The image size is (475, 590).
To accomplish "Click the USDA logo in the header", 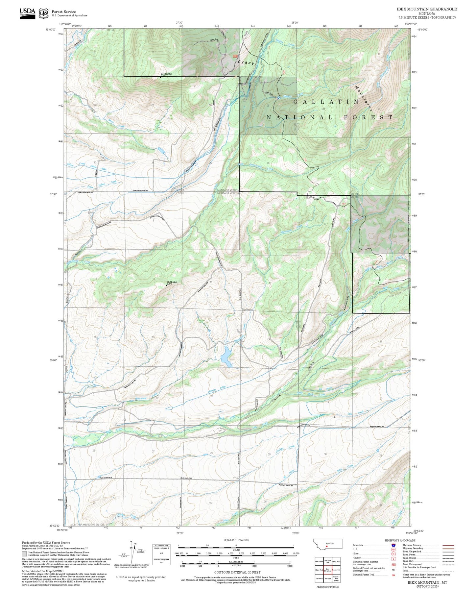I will click(x=27, y=12).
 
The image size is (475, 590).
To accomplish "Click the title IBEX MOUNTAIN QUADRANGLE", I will click(x=427, y=9).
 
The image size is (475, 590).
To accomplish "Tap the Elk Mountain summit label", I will click(x=172, y=282).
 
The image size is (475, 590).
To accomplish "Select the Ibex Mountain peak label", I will click(x=166, y=74).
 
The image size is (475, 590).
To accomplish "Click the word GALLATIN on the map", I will click(x=326, y=102).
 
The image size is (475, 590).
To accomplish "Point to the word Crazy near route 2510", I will click(x=247, y=63).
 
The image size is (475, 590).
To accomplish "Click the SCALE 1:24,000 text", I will click(x=236, y=540).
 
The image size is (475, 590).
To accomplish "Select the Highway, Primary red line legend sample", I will click(x=448, y=545).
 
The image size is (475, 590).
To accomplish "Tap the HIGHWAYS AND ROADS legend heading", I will click(x=400, y=540).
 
